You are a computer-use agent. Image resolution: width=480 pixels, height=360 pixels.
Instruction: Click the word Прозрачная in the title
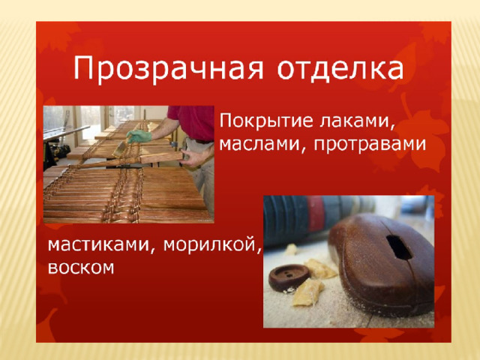click(168, 68)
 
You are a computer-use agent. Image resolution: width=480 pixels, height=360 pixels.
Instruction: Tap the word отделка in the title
click(340, 68)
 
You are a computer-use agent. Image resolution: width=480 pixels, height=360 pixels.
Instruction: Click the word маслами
click(263, 145)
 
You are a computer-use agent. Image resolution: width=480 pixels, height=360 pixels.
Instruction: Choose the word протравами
click(370, 145)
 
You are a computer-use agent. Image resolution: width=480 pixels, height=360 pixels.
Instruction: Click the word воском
click(81, 267)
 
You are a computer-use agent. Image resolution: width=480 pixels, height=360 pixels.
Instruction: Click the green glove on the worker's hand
click(139, 136)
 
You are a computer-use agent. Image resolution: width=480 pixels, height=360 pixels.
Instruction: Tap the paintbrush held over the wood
click(119, 149)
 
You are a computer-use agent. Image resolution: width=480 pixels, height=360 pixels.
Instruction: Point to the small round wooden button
click(289, 277)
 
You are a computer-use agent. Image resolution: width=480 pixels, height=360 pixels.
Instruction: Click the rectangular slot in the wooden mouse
click(398, 247)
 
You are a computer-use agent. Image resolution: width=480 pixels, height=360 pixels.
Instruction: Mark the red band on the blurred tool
click(315, 214)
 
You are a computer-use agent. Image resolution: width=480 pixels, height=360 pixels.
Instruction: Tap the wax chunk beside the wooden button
click(307, 292)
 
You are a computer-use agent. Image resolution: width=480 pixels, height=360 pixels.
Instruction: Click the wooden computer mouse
click(381, 264)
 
